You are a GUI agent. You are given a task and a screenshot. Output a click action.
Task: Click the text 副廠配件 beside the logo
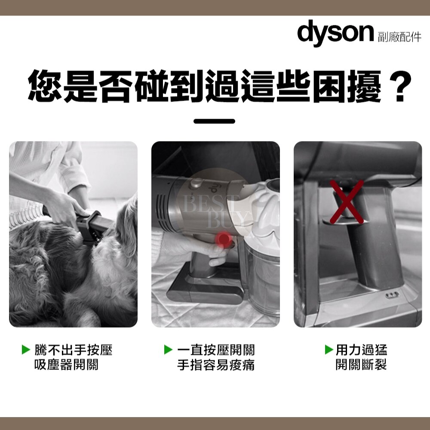(399, 37)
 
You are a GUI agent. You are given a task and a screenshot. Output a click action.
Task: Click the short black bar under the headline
(214, 121)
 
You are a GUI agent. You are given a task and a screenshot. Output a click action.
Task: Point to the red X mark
(347, 202)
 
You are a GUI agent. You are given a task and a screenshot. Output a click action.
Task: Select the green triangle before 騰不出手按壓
(26, 350)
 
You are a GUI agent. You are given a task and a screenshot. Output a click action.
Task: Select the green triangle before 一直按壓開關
(168, 350)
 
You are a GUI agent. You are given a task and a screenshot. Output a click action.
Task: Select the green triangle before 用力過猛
(329, 350)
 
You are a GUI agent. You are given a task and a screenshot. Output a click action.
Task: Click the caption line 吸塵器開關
(66, 365)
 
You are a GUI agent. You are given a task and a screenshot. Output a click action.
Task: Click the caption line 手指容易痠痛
(216, 365)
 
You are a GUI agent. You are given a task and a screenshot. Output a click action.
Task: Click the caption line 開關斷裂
(361, 365)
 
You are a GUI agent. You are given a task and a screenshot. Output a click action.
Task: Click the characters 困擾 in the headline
(347, 86)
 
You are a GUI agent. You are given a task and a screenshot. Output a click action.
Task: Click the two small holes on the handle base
(393, 295)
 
